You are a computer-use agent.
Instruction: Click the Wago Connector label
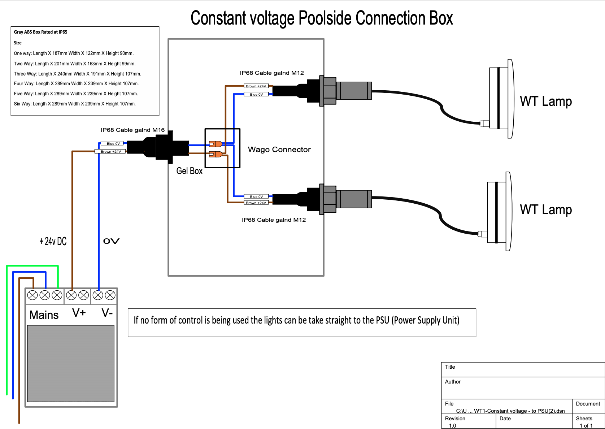tap(279, 149)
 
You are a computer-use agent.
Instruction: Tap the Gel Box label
tap(189, 171)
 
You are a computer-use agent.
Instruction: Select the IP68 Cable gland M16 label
tap(132, 130)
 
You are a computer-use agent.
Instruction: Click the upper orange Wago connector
tap(216, 144)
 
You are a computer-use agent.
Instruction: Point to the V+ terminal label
tap(79, 313)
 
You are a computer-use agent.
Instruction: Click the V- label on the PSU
tap(107, 313)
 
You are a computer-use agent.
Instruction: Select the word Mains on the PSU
tap(44, 315)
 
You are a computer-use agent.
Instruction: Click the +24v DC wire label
tap(53, 241)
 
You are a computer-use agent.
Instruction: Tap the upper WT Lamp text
tap(545, 101)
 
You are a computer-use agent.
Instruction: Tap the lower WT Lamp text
tap(545, 210)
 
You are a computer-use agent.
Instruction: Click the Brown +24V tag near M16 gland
tap(110, 152)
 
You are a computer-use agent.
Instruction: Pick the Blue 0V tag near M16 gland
tap(113, 143)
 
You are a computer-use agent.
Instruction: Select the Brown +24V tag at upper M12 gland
tap(256, 86)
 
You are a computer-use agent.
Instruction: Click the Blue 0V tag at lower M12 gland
tap(256, 196)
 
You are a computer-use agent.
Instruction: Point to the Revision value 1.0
tap(452, 426)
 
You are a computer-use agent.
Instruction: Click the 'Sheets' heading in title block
tap(584, 419)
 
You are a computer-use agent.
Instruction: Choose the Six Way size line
tap(75, 104)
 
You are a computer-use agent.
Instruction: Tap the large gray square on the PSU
tap(71, 363)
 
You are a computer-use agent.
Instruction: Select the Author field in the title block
tap(453, 382)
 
